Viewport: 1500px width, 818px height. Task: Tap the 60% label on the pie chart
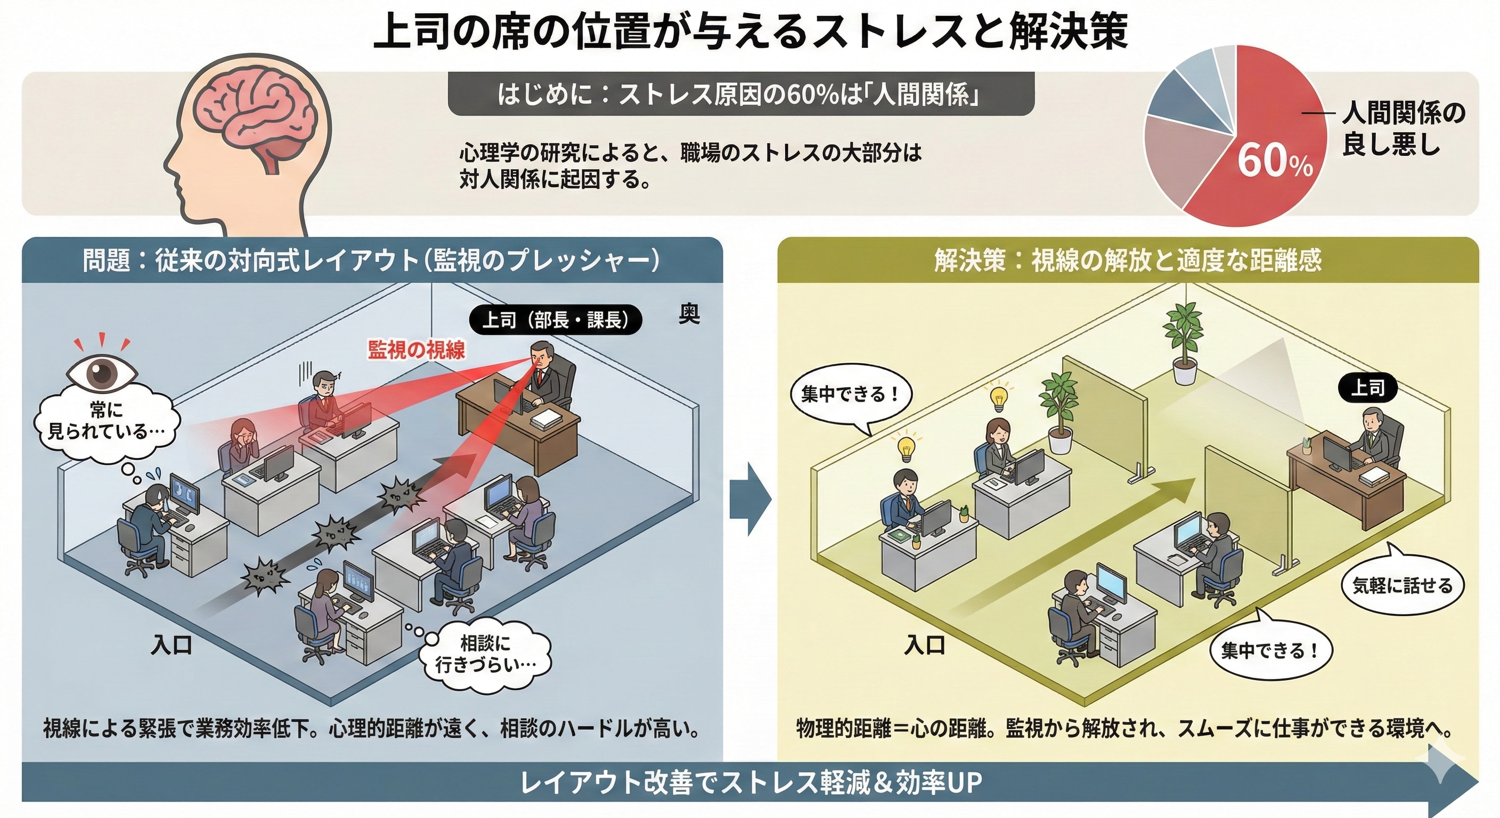coord(1274,160)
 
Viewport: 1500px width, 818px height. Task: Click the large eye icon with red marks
coord(102,373)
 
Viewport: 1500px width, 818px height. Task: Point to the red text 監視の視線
coord(417,349)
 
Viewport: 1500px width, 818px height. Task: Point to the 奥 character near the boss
coord(689,314)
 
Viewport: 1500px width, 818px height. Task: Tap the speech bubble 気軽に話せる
coord(1402,586)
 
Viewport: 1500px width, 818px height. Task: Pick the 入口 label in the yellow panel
coord(924,644)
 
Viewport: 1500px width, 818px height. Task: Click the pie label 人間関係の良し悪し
coord(1404,128)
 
